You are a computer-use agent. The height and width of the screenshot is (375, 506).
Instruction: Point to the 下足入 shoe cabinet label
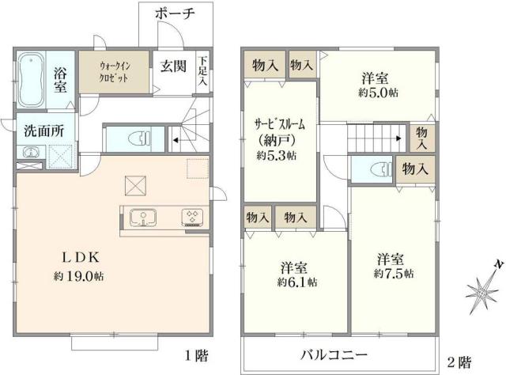[x=203, y=70]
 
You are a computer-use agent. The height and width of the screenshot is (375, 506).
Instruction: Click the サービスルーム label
[x=279, y=126]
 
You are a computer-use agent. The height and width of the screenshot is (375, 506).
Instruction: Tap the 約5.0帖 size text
[x=374, y=93]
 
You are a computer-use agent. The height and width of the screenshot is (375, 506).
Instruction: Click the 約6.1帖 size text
[x=296, y=282]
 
